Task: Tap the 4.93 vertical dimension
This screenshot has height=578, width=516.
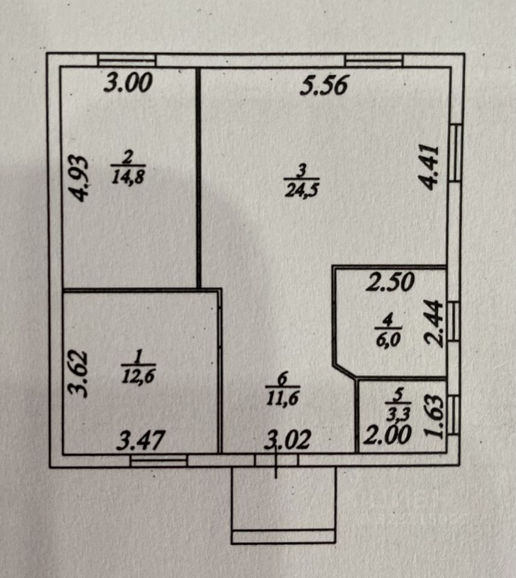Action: [79, 178]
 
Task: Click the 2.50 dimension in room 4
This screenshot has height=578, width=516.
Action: [390, 282]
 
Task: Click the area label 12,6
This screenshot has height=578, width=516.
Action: [138, 375]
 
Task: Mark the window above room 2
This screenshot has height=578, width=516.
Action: [127, 60]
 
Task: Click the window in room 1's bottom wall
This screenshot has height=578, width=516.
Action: [159, 461]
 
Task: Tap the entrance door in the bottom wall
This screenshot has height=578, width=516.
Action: [276, 461]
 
